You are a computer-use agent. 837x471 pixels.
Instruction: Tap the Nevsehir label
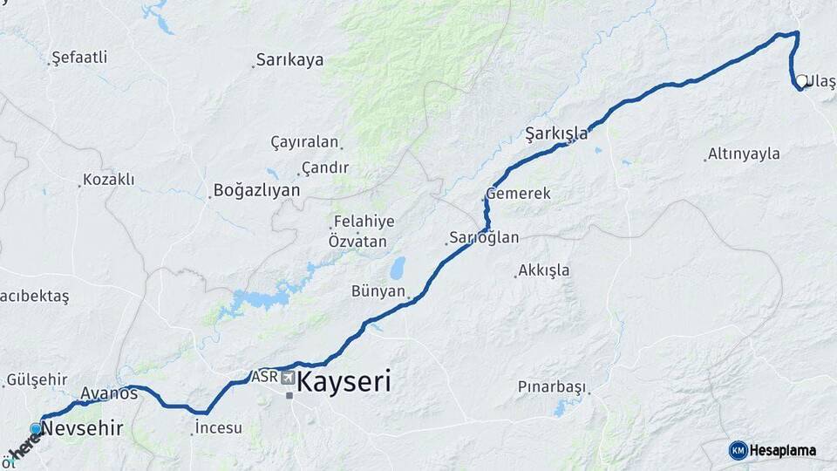[x=82, y=428]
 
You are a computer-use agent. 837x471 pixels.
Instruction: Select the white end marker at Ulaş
[x=801, y=81]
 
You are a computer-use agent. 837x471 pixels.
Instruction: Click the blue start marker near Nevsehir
[x=36, y=428]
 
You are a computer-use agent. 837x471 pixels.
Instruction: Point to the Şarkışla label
[x=556, y=133]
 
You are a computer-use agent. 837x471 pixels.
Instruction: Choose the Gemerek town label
[x=519, y=194]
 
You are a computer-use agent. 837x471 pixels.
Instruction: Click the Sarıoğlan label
[x=485, y=237]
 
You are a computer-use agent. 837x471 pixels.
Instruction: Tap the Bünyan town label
[x=378, y=291]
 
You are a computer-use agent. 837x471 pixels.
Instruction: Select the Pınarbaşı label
[x=552, y=386]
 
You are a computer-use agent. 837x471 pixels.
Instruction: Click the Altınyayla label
[x=744, y=154]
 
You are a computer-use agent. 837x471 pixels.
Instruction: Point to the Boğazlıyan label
[x=256, y=190]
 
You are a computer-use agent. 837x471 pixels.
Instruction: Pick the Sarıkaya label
[x=289, y=60]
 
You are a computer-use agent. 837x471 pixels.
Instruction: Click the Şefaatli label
[x=79, y=58]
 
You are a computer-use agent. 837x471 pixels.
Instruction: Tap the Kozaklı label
[x=108, y=180]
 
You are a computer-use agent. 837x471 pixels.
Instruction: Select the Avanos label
[x=109, y=393]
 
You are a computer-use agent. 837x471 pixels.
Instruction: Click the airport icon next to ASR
[x=288, y=379]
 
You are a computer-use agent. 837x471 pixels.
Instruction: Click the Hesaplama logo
[x=772, y=450]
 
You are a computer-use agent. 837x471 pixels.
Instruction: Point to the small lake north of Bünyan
[x=398, y=266]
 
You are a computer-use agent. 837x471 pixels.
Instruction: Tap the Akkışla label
[x=544, y=270]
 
